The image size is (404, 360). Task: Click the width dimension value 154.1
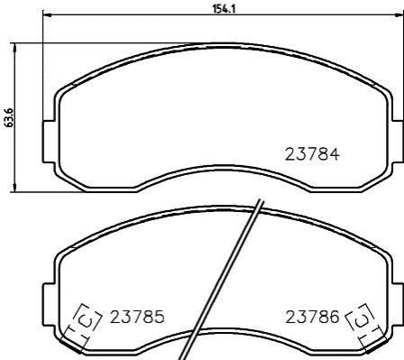click(224, 9)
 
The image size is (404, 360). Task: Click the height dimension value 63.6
click(9, 118)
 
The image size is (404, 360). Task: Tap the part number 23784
click(312, 154)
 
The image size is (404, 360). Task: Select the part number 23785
click(137, 317)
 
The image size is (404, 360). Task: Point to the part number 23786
click(312, 317)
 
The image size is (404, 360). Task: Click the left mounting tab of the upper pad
click(49, 142)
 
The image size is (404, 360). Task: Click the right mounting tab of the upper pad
click(398, 142)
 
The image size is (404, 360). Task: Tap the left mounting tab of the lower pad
click(49, 304)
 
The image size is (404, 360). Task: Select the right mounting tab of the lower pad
click(398, 304)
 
